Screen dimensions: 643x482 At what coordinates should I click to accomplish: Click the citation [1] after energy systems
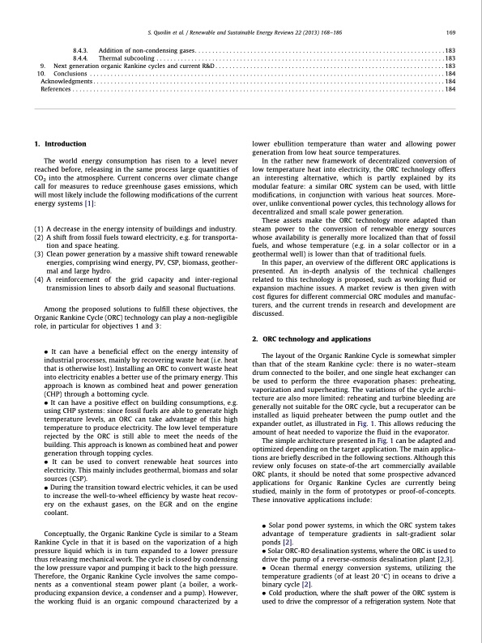[x=92, y=203]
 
